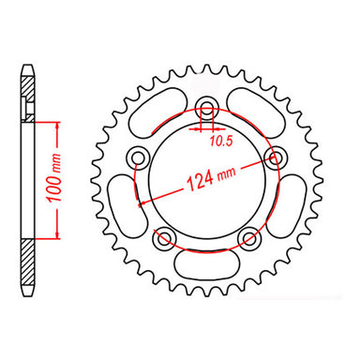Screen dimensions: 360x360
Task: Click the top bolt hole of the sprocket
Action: coord(206,105)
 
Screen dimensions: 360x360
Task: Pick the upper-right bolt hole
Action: coord(276,155)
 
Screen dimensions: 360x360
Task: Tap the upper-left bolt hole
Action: coord(138,155)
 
